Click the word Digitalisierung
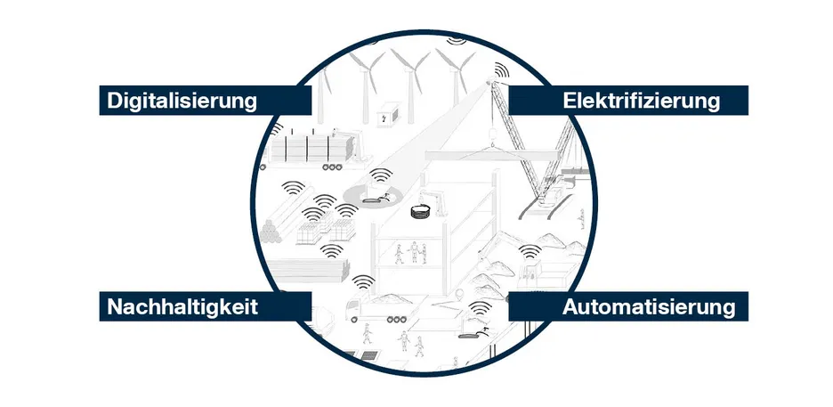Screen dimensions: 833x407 (182, 101)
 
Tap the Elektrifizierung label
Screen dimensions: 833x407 (642, 101)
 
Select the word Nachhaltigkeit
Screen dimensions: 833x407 (182, 306)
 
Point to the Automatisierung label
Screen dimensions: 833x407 (649, 306)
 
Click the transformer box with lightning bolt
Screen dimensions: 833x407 (388, 114)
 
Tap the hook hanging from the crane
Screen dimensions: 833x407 (492, 133)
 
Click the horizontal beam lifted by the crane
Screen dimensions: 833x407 (491, 156)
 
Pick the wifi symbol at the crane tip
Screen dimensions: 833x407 (501, 70)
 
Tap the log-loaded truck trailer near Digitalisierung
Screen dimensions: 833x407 (310, 150)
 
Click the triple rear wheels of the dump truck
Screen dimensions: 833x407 (396, 320)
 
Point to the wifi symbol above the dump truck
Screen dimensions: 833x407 (363, 282)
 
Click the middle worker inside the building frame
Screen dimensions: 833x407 (413, 252)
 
